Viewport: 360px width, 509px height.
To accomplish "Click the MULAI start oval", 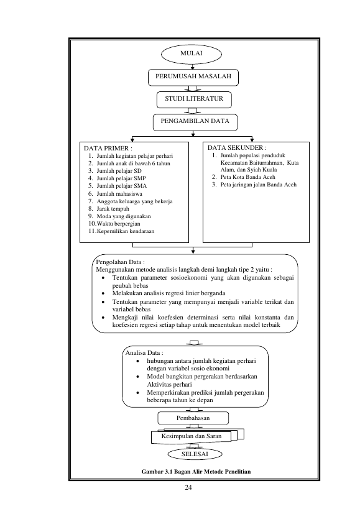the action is click(192, 54).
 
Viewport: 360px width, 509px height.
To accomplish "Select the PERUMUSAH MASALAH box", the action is click(193, 77).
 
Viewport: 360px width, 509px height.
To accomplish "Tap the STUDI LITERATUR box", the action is click(194, 99).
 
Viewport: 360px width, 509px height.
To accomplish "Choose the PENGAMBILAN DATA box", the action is click(195, 122).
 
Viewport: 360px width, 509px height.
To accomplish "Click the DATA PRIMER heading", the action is click(108, 149).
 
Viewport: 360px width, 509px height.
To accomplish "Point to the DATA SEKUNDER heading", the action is click(238, 148).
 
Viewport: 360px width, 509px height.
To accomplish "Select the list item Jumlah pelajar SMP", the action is click(117, 178).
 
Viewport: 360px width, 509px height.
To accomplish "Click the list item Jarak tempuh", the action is click(108, 209).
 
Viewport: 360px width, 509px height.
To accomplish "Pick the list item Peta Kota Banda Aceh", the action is click(244, 177).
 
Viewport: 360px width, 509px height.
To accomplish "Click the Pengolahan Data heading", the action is click(121, 262).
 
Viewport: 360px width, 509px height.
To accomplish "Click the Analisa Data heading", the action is click(144, 353).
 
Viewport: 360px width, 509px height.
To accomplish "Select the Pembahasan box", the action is click(193, 418).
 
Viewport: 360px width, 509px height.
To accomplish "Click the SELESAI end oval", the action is click(195, 454).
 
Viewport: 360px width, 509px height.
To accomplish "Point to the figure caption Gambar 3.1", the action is click(196, 472).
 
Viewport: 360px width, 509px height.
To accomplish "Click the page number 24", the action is click(188, 487).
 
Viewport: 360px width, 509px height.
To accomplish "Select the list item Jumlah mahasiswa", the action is click(115, 194).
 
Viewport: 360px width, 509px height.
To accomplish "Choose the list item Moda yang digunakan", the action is click(119, 216).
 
